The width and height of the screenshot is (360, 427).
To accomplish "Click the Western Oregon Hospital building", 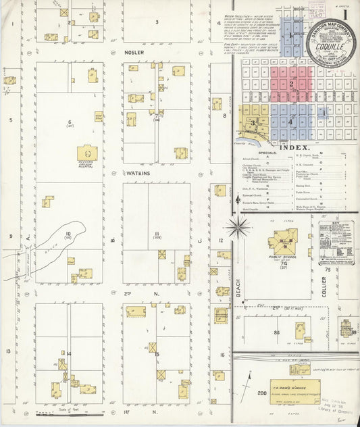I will tap(86, 153).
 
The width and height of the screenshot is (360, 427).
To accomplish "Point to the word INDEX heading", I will tap(292, 147).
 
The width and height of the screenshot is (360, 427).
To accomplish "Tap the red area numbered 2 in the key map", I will tap(291, 84).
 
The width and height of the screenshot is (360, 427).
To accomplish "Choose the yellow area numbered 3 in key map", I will tap(253, 123).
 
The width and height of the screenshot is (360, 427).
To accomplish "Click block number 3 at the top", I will tap(157, 22).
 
